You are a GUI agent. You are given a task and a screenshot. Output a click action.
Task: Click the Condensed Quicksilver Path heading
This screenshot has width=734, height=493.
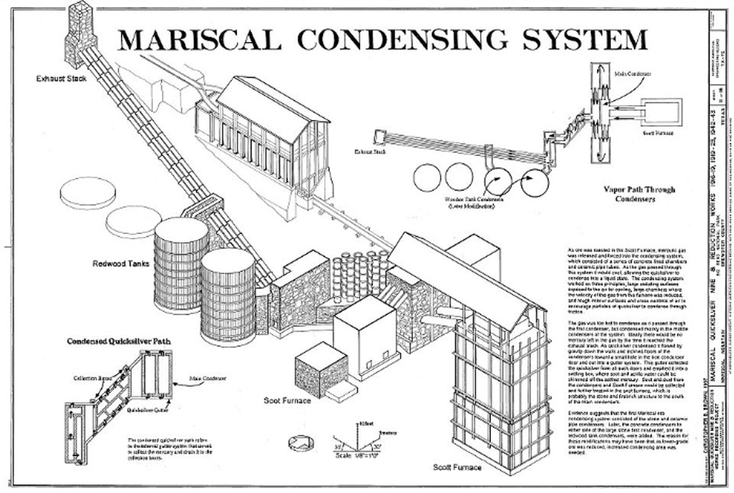point(111,342)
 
